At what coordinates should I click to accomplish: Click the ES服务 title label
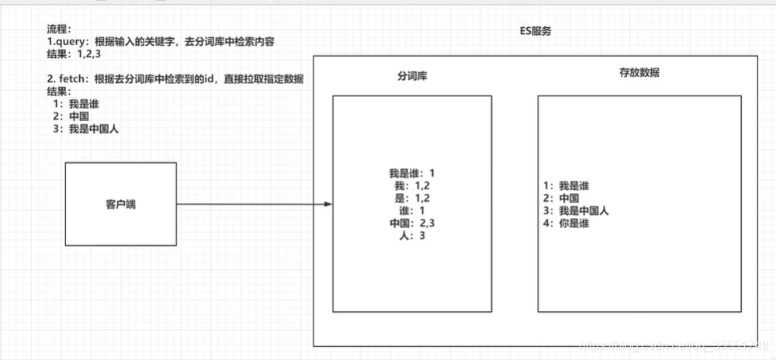pos(535,32)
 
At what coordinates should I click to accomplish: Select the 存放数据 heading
pos(639,73)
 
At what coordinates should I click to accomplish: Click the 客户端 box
pos(120,204)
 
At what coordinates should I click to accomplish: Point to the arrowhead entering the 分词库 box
pos(328,204)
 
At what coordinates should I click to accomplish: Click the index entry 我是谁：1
pos(412,173)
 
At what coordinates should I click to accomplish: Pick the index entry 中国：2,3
pos(412,223)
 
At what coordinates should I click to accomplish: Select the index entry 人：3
pos(412,236)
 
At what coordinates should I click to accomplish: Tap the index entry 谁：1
pos(412,211)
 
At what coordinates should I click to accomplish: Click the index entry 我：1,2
pos(412,185)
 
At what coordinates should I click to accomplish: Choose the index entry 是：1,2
pos(412,199)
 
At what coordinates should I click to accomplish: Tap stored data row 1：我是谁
pos(567,185)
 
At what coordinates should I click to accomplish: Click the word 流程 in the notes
pos(58,29)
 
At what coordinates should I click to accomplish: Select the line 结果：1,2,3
pos(78,54)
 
